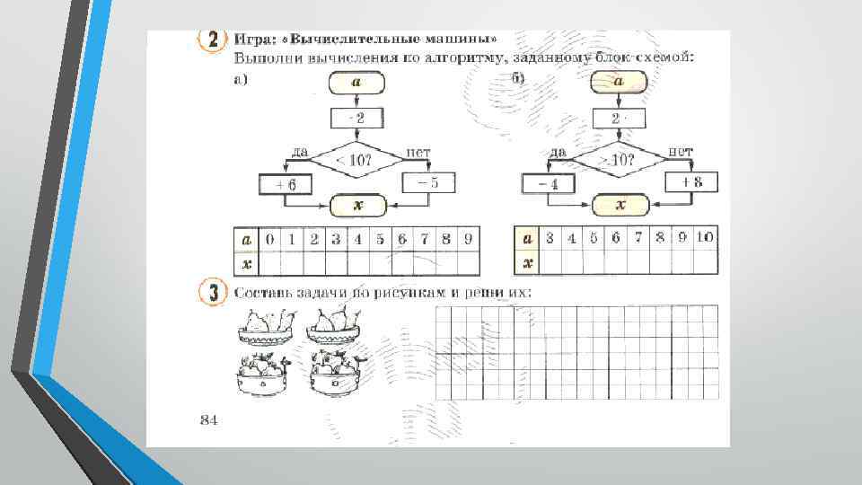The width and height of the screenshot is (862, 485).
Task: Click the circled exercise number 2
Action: click(212, 41)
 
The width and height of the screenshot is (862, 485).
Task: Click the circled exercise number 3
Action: click(211, 294)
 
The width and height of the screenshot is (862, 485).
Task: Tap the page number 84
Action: click(208, 419)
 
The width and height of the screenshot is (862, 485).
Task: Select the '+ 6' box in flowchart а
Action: click(285, 185)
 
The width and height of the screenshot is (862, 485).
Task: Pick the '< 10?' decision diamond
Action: click(356, 161)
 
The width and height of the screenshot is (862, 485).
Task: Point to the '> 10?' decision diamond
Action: click(620, 160)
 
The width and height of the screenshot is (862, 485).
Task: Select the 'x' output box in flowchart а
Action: click(357, 206)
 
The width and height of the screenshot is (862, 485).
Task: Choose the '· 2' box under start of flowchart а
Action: click(356, 119)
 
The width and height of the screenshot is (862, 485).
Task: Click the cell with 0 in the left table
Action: click(269, 240)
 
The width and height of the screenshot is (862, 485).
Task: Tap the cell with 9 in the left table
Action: click(467, 240)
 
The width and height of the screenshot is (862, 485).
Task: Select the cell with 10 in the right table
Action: click(705, 238)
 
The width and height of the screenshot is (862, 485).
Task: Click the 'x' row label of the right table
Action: click(528, 262)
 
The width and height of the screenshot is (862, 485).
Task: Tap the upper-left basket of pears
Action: click(267, 326)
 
